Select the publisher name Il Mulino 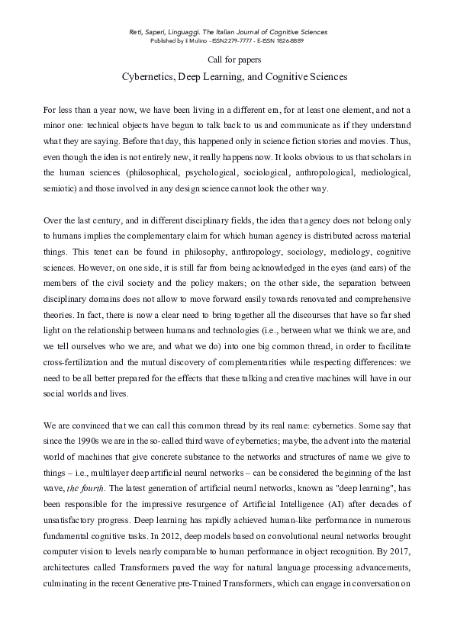[x=187, y=40]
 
